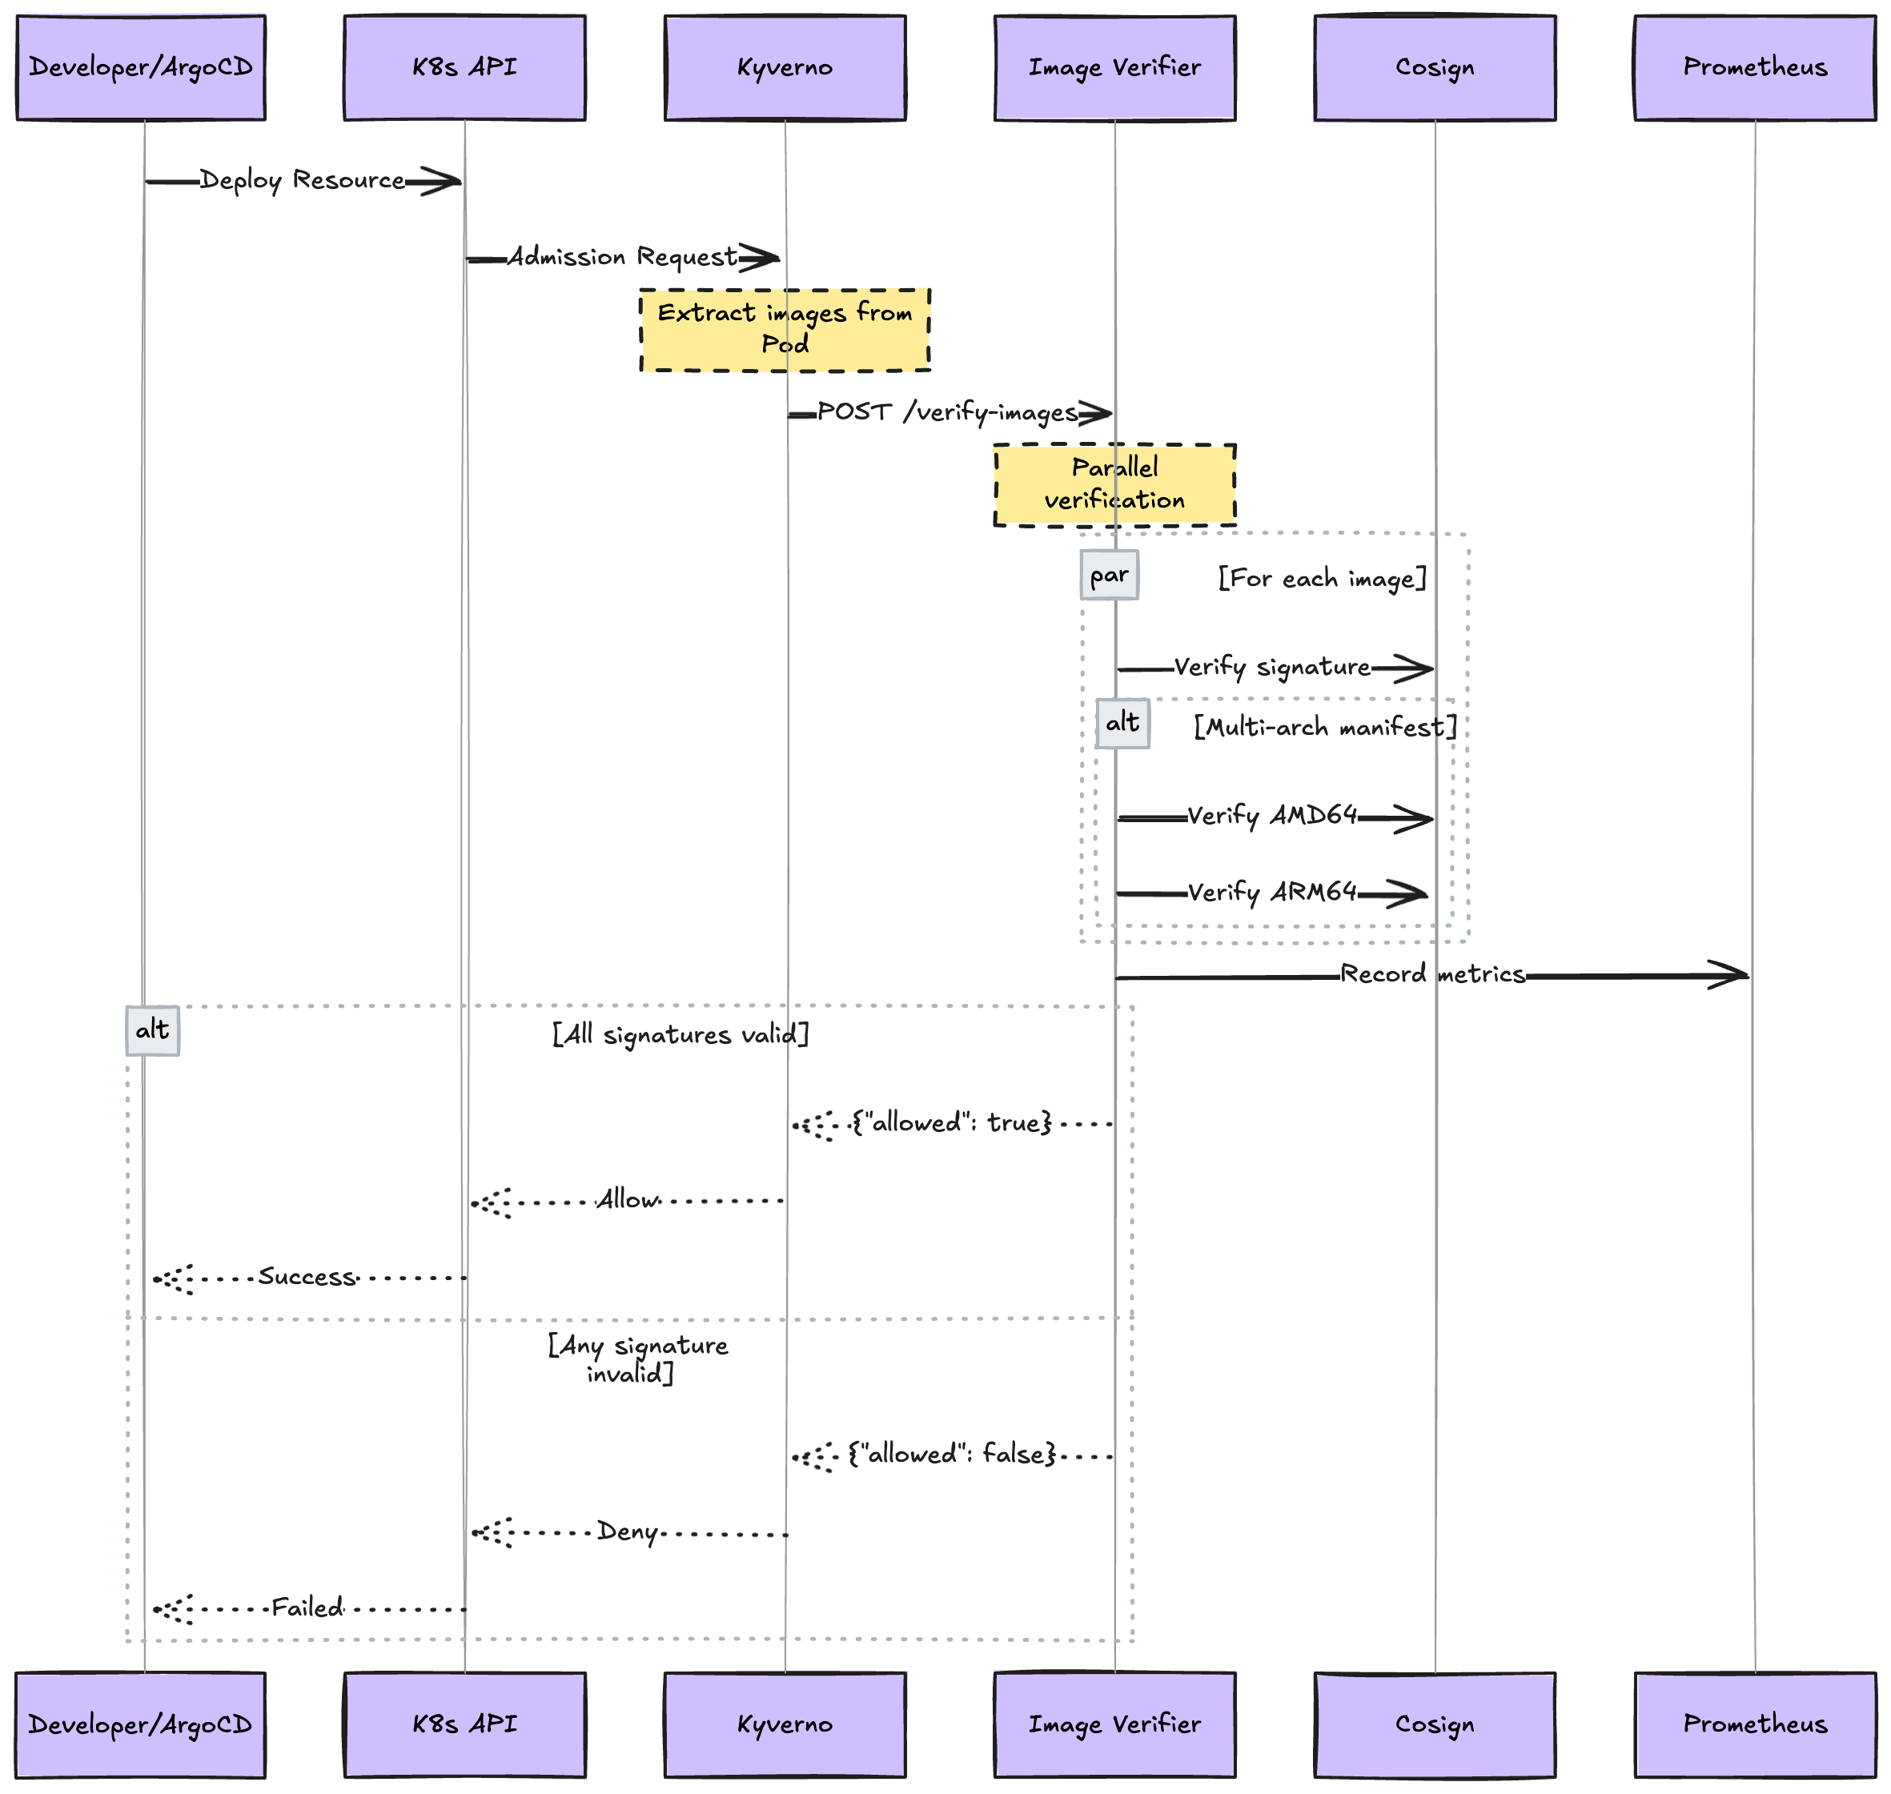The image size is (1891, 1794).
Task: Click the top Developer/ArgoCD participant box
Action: click(x=141, y=68)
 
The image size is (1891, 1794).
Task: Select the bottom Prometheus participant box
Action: click(x=1755, y=1724)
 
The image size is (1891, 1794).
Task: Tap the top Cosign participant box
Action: click(x=1435, y=68)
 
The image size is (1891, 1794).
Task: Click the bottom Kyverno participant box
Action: click(x=785, y=1724)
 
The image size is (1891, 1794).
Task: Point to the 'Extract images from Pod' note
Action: click(x=785, y=329)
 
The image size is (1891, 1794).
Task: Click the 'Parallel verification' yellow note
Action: click(x=1114, y=484)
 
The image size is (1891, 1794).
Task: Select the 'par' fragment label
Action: click(x=1109, y=575)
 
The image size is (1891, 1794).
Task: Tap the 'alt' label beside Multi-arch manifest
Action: click(x=1122, y=723)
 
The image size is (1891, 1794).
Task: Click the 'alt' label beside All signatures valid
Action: click(x=152, y=1030)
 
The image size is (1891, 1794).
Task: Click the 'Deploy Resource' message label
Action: click(x=303, y=180)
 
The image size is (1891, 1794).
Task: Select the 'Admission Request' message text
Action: click(x=622, y=256)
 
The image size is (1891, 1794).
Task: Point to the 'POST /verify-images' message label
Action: click(x=947, y=412)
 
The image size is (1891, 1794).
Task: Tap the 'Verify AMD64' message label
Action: click(x=1272, y=816)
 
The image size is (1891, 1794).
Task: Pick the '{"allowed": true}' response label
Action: click(x=952, y=1122)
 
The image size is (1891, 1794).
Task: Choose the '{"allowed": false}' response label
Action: click(x=952, y=1455)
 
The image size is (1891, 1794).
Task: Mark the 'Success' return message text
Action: click(x=306, y=1277)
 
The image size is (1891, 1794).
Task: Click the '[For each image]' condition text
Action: click(x=1322, y=578)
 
